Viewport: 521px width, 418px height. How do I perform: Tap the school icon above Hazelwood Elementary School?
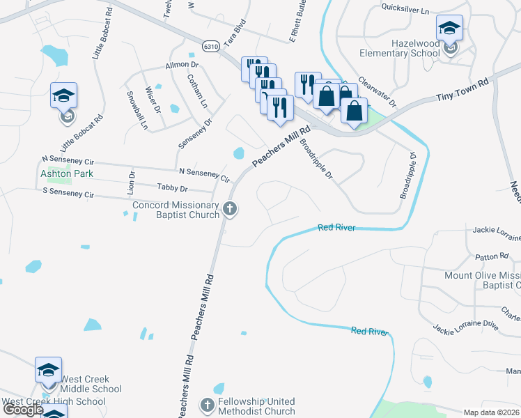(449, 29)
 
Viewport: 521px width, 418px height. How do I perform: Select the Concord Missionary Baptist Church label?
(176, 210)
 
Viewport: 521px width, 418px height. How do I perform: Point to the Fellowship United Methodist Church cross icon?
(207, 405)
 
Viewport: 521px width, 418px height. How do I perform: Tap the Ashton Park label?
(66, 173)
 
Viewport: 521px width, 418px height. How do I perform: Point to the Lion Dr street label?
(131, 180)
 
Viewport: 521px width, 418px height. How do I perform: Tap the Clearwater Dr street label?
(376, 93)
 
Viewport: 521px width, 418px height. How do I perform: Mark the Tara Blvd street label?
(235, 31)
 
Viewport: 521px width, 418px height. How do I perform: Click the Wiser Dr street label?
(153, 98)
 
